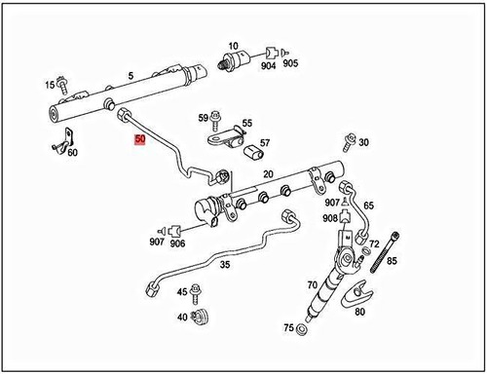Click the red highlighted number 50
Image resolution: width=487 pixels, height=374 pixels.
(141, 140)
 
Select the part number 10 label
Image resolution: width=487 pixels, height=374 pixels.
(234, 46)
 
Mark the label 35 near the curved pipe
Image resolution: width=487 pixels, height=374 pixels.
(224, 264)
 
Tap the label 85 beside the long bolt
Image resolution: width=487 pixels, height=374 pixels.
(393, 261)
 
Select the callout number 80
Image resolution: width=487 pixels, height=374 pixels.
(359, 312)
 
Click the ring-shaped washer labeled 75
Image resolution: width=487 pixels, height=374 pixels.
(302, 329)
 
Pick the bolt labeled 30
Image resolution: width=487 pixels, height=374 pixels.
(348, 142)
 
